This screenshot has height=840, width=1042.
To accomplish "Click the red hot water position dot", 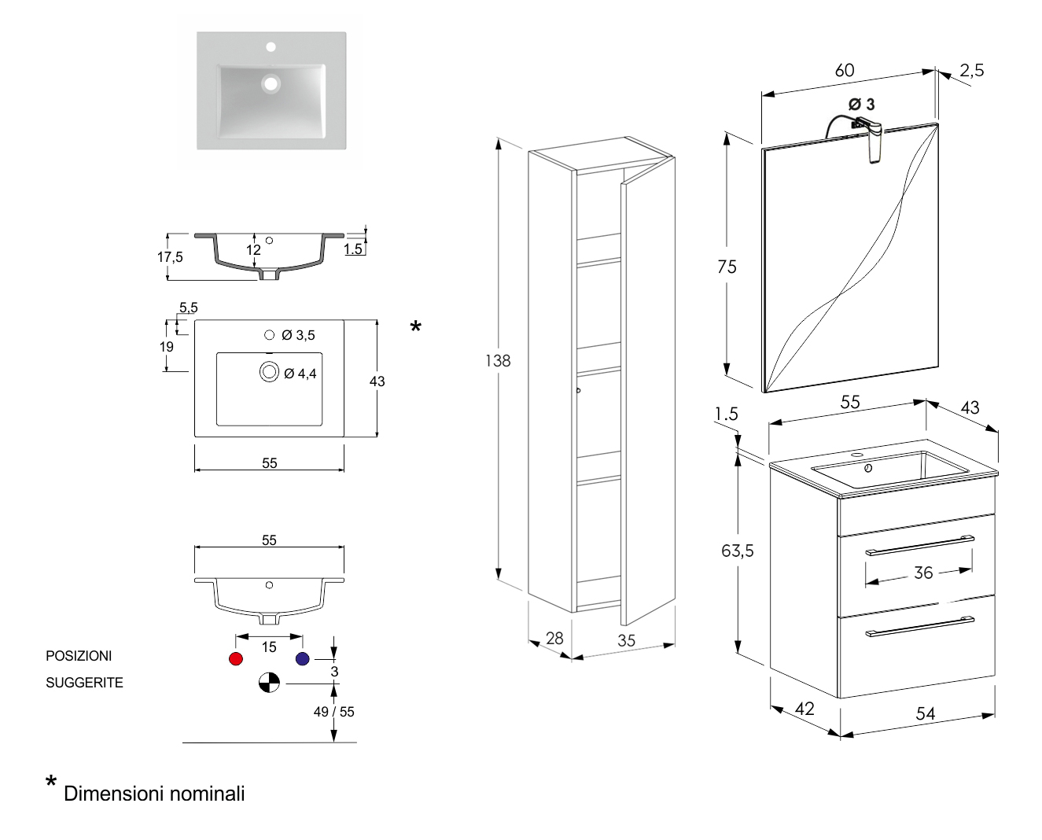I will click(x=235, y=658).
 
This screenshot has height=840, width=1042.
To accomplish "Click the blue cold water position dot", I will click(x=303, y=658).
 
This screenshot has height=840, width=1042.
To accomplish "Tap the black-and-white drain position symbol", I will click(x=269, y=683).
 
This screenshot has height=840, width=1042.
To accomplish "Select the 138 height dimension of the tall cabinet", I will click(x=498, y=360).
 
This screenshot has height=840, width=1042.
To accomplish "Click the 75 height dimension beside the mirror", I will click(x=727, y=267).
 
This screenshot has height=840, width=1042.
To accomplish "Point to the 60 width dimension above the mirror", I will click(x=845, y=70).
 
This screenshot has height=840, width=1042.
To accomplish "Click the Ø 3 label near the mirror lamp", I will click(x=861, y=104).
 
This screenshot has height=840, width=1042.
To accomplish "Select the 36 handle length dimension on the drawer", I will click(x=923, y=573).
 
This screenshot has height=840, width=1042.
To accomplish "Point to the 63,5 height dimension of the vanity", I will click(x=738, y=551).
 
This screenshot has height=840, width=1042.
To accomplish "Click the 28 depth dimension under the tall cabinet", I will click(x=554, y=638).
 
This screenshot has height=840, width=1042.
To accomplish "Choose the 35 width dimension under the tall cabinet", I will click(x=626, y=640).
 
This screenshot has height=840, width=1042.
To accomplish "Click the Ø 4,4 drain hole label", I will click(x=300, y=374).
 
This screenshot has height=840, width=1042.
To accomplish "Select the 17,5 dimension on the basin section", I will click(x=170, y=257).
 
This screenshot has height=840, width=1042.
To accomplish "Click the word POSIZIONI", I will click(x=79, y=656).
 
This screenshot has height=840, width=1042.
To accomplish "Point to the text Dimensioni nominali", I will click(x=154, y=794).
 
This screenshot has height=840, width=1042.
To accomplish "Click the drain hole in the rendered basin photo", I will click(x=271, y=82).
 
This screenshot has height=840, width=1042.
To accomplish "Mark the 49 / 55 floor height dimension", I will click(x=333, y=712).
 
